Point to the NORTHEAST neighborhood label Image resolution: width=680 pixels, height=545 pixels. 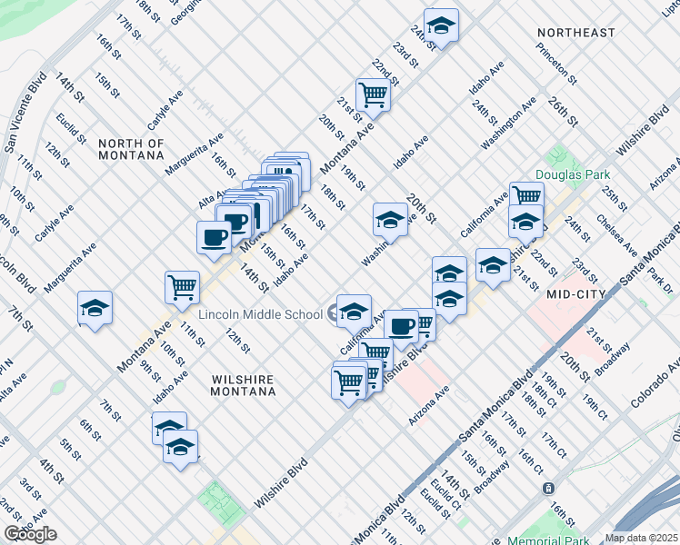pyautogui.click(x=575, y=33)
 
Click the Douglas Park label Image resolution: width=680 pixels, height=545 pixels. pyautogui.click(x=570, y=174)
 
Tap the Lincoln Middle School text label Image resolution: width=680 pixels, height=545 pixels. pyautogui.click(x=261, y=314)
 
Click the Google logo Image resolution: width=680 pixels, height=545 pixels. pyautogui.click(x=30, y=534)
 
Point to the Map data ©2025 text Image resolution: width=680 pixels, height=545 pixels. pyautogui.click(x=641, y=538)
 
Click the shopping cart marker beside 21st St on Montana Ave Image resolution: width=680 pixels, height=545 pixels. pyautogui.click(x=373, y=93)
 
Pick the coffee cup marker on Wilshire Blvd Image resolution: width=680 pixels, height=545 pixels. pyautogui.click(x=401, y=325)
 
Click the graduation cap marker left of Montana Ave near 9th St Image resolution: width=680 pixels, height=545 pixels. pyautogui.click(x=95, y=308)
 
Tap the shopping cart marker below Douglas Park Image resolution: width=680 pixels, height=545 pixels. pyautogui.click(x=526, y=195)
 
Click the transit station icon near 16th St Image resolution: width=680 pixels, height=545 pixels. pyautogui.click(x=549, y=488)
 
